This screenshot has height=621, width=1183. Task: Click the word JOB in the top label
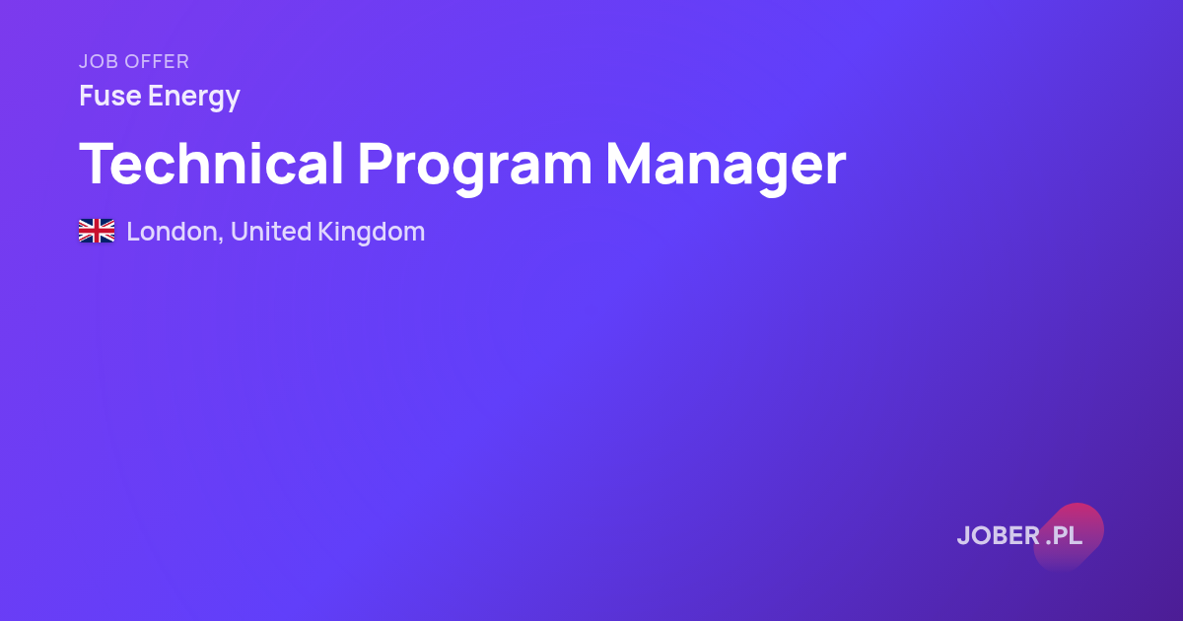tap(99, 62)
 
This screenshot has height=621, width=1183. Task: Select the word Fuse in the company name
tap(110, 96)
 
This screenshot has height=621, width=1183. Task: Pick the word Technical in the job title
tap(211, 164)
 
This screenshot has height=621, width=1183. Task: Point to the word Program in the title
tap(475, 169)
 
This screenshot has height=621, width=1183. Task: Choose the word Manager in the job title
tap(727, 169)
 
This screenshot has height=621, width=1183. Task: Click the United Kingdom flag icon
tap(97, 231)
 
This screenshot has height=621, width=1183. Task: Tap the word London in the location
tap(173, 232)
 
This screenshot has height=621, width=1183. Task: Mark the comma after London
tap(220, 240)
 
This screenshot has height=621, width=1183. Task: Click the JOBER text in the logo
tap(998, 536)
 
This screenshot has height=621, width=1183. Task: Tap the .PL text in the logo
tap(1064, 536)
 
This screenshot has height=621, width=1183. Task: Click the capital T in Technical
tap(101, 164)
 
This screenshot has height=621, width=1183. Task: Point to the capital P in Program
tap(376, 164)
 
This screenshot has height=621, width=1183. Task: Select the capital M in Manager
tap(629, 164)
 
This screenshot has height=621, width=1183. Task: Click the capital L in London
tap(134, 232)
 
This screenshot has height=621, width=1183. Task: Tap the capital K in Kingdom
tap(326, 232)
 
